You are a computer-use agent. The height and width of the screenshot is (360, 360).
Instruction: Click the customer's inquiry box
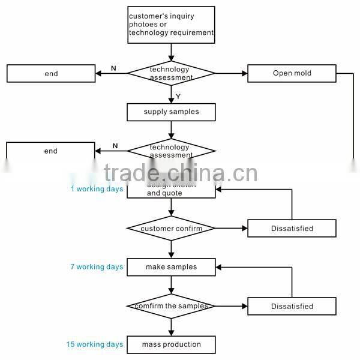(x=171, y=24)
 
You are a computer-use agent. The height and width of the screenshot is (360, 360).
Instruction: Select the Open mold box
(x=292, y=73)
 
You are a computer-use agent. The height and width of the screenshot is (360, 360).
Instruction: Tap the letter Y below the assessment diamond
(x=178, y=96)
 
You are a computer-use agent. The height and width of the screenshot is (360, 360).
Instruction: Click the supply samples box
(x=171, y=112)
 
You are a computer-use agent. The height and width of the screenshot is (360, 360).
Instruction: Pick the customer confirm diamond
(x=171, y=229)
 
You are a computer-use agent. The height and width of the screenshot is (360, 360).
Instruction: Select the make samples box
(x=171, y=267)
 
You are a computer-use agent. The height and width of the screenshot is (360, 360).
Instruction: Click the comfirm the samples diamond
(x=171, y=306)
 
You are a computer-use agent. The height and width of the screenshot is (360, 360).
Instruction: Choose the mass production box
(x=171, y=344)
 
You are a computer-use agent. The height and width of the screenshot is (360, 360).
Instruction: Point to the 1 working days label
(x=97, y=189)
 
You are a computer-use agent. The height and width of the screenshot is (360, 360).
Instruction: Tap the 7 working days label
(x=97, y=267)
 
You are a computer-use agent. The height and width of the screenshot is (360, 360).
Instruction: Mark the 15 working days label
(x=95, y=344)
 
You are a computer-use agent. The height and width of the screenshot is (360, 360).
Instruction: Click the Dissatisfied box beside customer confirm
(x=292, y=229)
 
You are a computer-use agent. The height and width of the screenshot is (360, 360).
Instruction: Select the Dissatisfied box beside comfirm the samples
(x=292, y=306)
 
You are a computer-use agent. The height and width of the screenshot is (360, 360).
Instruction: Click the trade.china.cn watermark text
(x=181, y=173)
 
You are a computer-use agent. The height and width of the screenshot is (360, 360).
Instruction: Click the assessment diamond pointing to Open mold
(x=171, y=73)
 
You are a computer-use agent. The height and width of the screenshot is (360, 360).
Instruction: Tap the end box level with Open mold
(x=51, y=73)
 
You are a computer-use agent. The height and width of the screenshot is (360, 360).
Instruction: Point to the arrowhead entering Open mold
(x=244, y=73)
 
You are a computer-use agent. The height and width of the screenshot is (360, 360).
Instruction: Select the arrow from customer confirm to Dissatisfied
(x=231, y=229)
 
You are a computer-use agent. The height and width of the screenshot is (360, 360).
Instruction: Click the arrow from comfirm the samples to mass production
(x=171, y=327)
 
